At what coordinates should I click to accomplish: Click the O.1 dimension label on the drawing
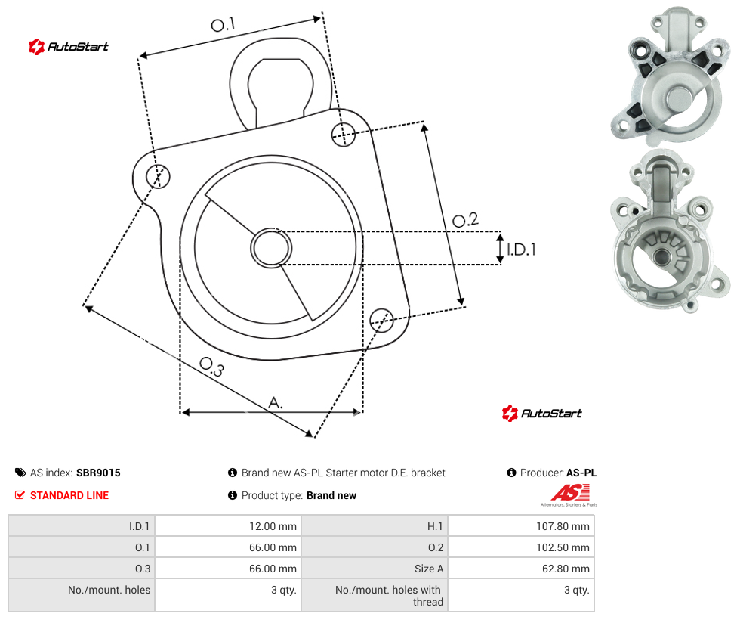click(223, 24)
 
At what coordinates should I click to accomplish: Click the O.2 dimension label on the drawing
click(465, 219)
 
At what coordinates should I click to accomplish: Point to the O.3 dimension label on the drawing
click(211, 367)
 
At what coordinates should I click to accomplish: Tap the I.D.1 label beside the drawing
click(521, 249)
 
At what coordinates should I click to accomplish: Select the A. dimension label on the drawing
click(276, 403)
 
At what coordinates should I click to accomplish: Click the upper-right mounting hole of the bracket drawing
click(344, 134)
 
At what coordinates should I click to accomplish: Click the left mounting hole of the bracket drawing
click(158, 176)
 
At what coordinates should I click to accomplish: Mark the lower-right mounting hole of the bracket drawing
click(381, 320)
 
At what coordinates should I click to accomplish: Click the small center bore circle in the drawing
click(271, 248)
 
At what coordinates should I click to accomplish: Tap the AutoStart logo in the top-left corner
click(69, 47)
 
